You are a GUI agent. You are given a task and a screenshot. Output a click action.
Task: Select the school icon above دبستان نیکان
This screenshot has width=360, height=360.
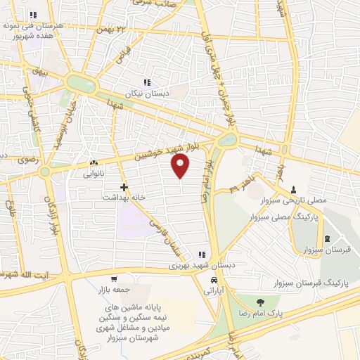(x=147, y=82)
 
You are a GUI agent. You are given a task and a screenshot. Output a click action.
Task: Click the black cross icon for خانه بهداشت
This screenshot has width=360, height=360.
(x=124, y=187)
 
